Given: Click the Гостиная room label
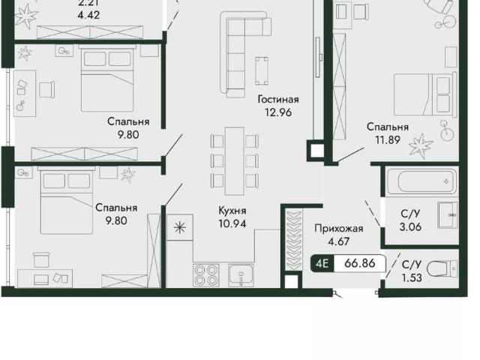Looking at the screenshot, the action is (x=278, y=100).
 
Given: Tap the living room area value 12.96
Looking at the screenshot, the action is (x=278, y=112).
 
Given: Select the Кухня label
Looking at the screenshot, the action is (x=232, y=211).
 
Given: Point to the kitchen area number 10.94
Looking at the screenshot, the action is (x=232, y=223).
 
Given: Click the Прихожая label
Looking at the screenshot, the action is (x=339, y=228).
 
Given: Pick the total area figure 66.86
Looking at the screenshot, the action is (x=360, y=263).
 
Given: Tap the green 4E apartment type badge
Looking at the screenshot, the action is (x=322, y=263).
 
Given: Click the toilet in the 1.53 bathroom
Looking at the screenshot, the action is (x=442, y=269).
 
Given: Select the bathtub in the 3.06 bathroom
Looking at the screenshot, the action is (x=421, y=181).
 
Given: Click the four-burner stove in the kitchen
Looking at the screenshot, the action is (x=206, y=274).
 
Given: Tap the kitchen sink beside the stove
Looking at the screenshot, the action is (x=241, y=275).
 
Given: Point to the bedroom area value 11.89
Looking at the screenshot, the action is (x=388, y=140).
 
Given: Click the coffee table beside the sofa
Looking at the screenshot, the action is (x=262, y=71).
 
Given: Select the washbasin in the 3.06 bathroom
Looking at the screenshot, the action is (x=448, y=215).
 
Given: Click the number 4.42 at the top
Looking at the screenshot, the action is (x=88, y=15).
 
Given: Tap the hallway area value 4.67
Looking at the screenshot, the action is (x=338, y=241).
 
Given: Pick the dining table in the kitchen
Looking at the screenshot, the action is (x=235, y=161).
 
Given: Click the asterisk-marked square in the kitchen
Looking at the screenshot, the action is (x=180, y=227).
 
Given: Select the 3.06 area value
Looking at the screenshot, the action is (x=410, y=226).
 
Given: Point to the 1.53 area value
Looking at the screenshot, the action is (x=412, y=277).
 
